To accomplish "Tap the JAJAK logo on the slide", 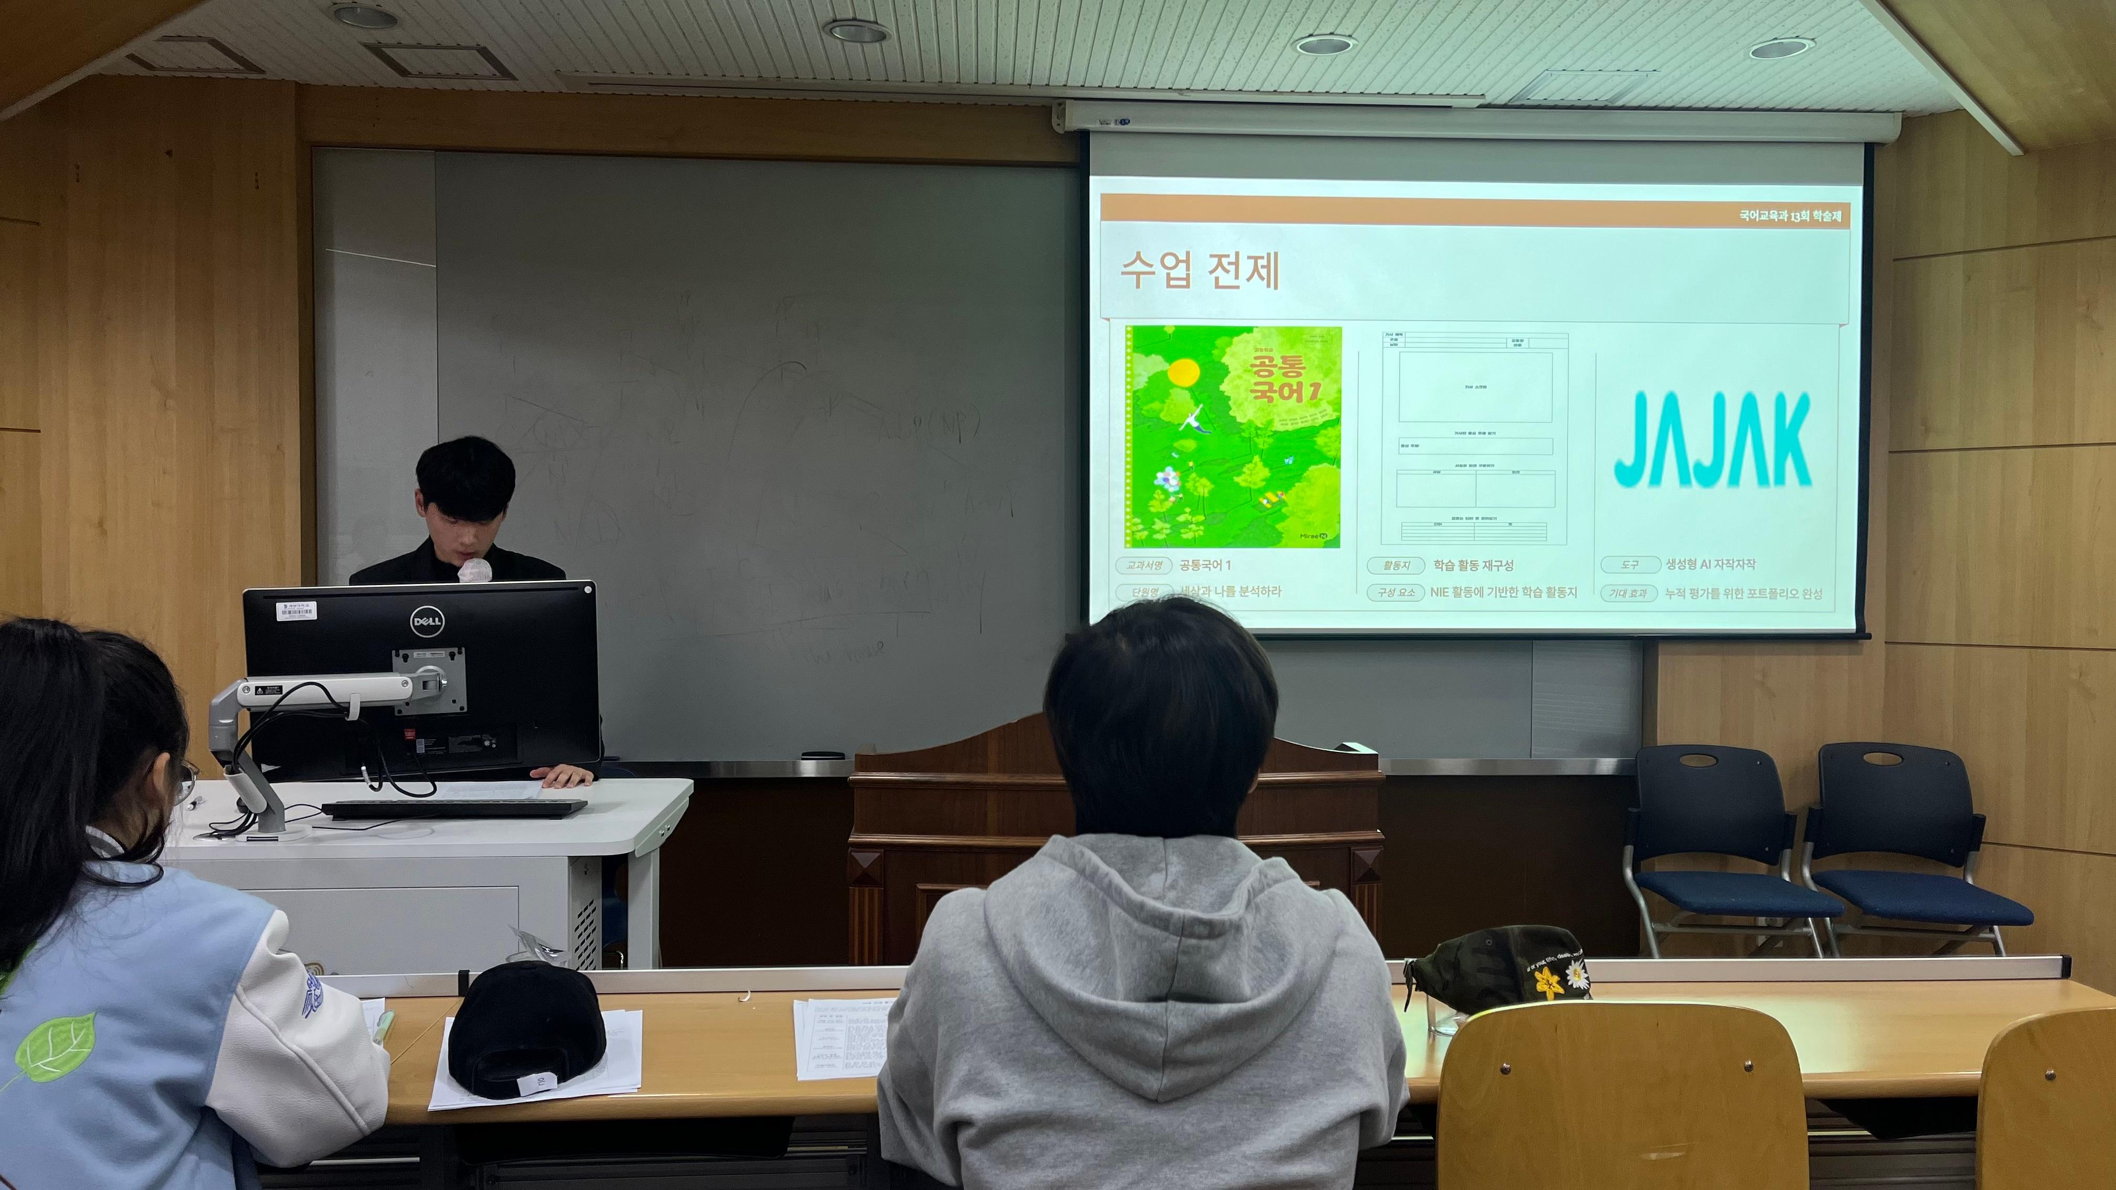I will click(x=1712, y=439).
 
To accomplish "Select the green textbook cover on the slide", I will click(x=1233, y=437).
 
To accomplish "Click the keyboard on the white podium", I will click(x=454, y=808).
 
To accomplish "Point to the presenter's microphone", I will click(x=475, y=570).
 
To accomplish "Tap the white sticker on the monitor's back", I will click(x=295, y=610).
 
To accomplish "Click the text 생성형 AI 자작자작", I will click(x=1710, y=564).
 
